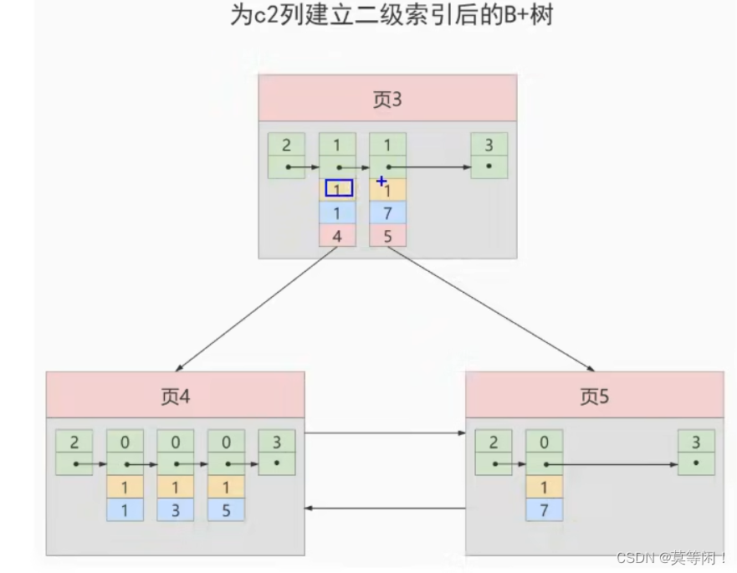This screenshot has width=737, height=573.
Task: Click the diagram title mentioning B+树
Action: tap(391, 15)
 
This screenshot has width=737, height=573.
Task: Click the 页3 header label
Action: tap(387, 100)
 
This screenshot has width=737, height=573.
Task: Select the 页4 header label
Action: tap(176, 396)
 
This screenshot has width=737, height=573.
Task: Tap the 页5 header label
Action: tap(594, 396)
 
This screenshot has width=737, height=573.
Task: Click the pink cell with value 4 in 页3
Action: tap(337, 236)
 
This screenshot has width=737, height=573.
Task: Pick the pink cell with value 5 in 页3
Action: tap(387, 236)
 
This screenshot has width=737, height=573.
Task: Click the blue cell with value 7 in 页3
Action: tap(387, 213)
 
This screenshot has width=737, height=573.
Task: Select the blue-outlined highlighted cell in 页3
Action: tap(338, 189)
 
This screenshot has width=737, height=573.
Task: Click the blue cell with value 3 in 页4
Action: tap(176, 509)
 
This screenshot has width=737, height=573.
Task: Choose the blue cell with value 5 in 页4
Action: tap(226, 509)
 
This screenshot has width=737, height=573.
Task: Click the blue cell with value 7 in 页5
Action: tap(544, 509)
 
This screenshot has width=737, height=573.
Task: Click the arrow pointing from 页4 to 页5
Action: tap(385, 433)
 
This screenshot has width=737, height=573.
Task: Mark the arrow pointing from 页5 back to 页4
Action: tap(385, 508)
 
